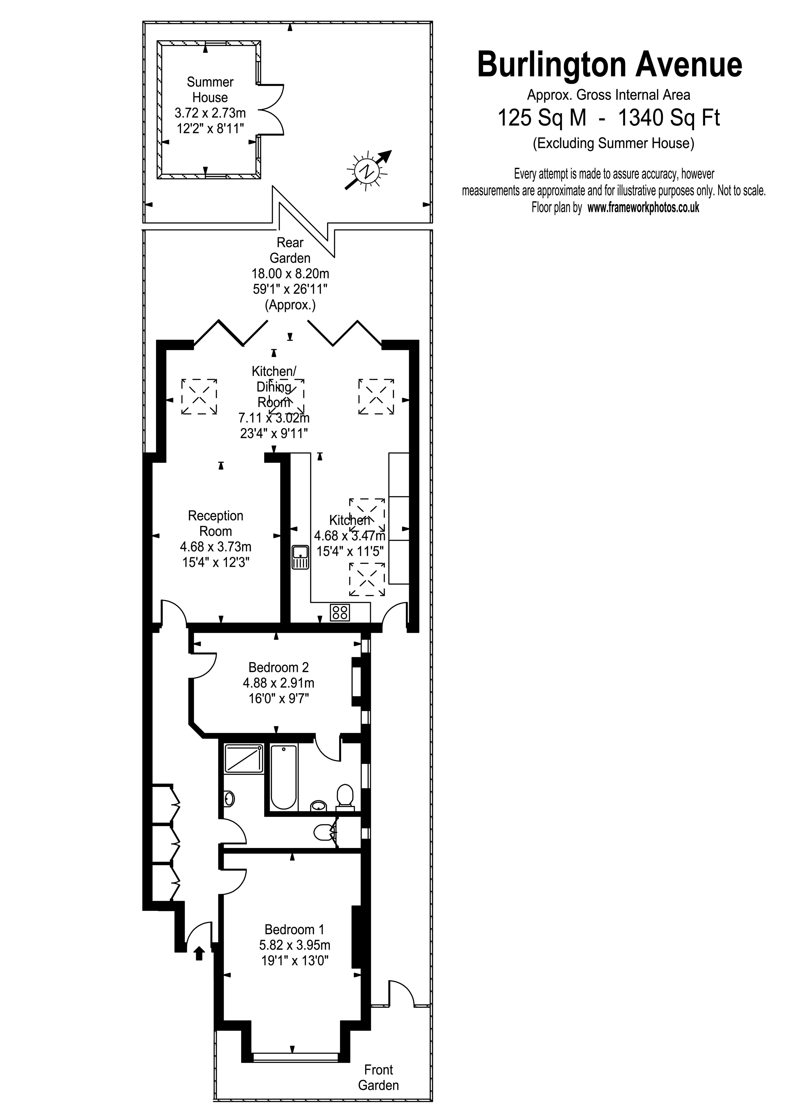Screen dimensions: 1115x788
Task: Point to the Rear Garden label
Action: point(290,250)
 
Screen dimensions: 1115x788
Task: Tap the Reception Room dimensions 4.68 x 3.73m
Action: point(216,547)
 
